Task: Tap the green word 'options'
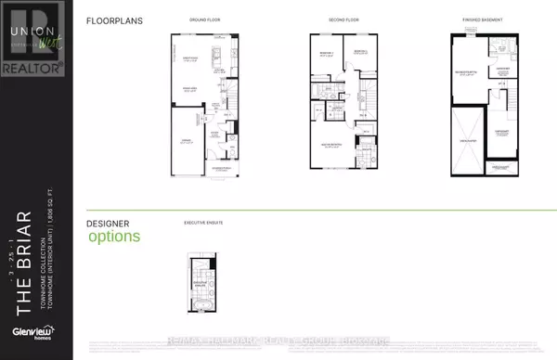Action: click(x=114, y=236)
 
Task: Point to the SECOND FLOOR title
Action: click(x=343, y=19)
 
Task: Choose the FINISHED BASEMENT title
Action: click(x=483, y=19)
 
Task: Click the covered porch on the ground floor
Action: click(x=221, y=168)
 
